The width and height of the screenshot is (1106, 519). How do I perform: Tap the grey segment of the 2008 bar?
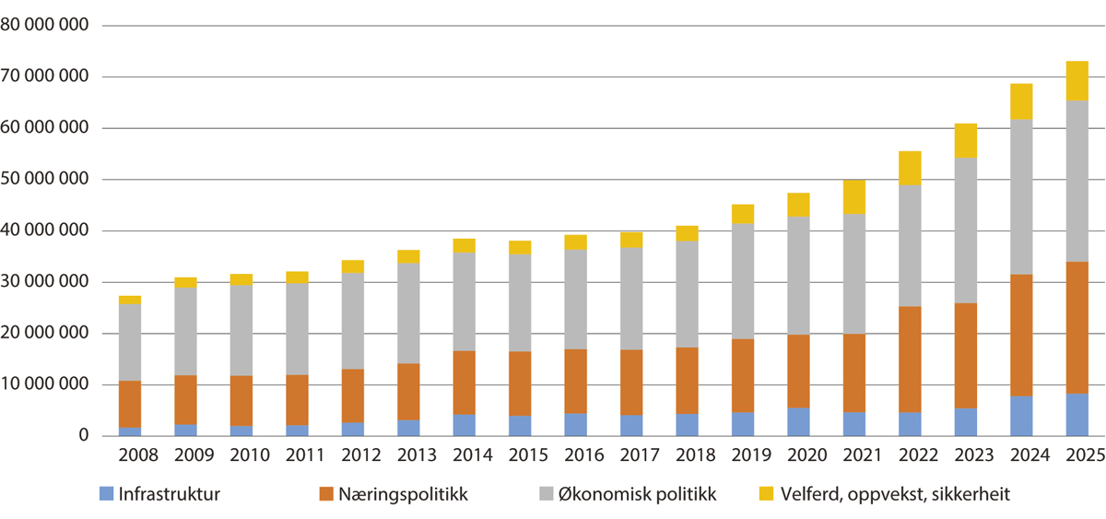pos(130,342)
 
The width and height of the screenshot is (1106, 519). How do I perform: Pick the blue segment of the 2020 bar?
pos(800,421)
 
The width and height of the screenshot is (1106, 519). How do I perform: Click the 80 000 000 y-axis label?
pos(45,26)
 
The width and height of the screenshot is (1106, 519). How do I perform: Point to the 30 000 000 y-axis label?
pos(45,282)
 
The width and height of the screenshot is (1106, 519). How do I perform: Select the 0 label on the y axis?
pos(81,436)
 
